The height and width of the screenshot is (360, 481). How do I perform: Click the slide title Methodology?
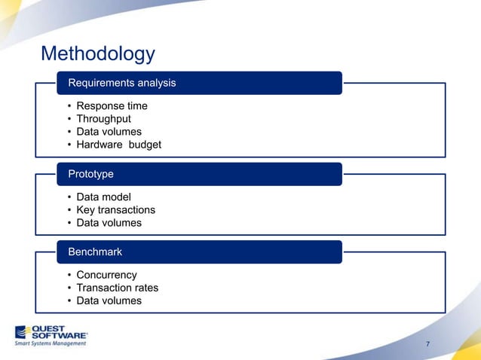point(97,54)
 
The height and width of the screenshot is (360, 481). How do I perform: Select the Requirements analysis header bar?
point(200,83)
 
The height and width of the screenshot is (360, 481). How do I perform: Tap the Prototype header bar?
point(200,174)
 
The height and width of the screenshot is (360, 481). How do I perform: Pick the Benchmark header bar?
point(200,252)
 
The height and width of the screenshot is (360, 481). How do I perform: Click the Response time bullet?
point(112,106)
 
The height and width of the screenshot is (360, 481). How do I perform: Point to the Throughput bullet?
point(103,119)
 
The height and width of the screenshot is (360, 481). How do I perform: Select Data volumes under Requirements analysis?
point(109,132)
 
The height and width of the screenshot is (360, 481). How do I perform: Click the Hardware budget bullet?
point(118,145)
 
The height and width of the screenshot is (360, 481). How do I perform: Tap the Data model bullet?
point(103,197)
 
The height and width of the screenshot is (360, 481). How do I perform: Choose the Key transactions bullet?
point(115,210)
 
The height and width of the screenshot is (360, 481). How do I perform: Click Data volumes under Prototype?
point(109,223)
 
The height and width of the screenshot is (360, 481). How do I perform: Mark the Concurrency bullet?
point(106,275)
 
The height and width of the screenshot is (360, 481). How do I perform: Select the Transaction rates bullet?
point(117,288)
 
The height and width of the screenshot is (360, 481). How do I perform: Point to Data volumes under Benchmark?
point(109,301)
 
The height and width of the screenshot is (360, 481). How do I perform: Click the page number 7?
point(428,345)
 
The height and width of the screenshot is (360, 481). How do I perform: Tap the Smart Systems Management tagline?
point(51,343)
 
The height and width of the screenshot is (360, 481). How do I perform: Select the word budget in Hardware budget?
point(145,145)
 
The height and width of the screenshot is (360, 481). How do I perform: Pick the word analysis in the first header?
point(156,83)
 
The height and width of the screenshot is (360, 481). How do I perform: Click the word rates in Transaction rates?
point(144,288)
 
